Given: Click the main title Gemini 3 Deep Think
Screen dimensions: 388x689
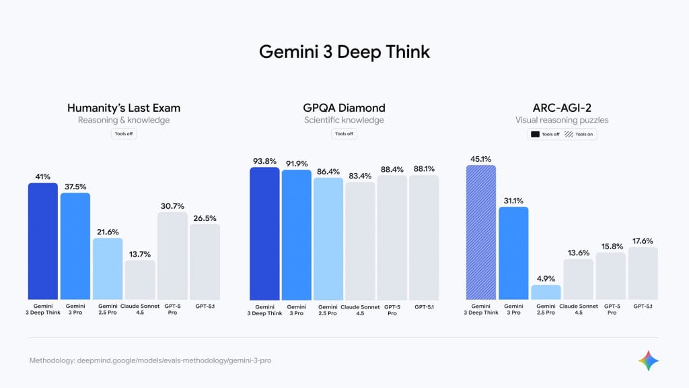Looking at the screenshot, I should [x=344, y=53].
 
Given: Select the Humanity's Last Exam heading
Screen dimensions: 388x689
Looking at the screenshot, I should [x=124, y=108].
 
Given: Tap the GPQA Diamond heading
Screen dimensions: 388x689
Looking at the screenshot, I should [x=344, y=108].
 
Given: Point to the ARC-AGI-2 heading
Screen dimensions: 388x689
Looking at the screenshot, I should [x=562, y=108].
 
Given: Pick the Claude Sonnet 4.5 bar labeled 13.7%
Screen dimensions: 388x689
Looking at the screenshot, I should [x=140, y=280].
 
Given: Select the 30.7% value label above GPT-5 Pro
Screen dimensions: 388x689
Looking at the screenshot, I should [x=172, y=205].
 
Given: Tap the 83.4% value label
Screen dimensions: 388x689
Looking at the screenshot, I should [x=360, y=175].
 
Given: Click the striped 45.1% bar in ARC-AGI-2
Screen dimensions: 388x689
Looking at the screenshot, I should [x=481, y=232].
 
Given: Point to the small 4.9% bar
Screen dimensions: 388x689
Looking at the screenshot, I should [x=546, y=292].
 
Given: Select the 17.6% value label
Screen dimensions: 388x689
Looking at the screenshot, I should [x=643, y=240].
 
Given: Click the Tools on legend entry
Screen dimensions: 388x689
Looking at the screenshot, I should [x=581, y=134].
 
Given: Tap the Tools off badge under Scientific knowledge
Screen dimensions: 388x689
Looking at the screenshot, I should [x=344, y=133].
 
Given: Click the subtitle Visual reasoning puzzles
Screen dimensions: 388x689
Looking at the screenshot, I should [x=562, y=121].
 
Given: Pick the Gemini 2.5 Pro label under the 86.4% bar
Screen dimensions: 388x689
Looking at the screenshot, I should [x=328, y=309].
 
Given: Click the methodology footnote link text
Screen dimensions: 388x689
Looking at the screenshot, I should [x=150, y=360].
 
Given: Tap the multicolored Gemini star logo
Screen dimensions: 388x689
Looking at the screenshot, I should [x=649, y=360].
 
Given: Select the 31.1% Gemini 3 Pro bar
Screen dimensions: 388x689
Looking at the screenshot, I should [x=513, y=253].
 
